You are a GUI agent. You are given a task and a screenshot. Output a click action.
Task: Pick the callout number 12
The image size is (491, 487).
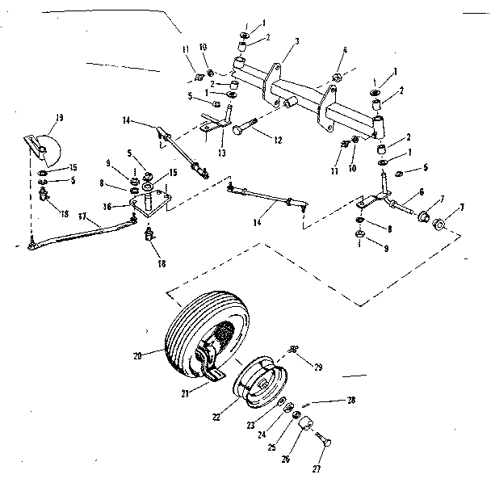(x=278, y=141)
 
